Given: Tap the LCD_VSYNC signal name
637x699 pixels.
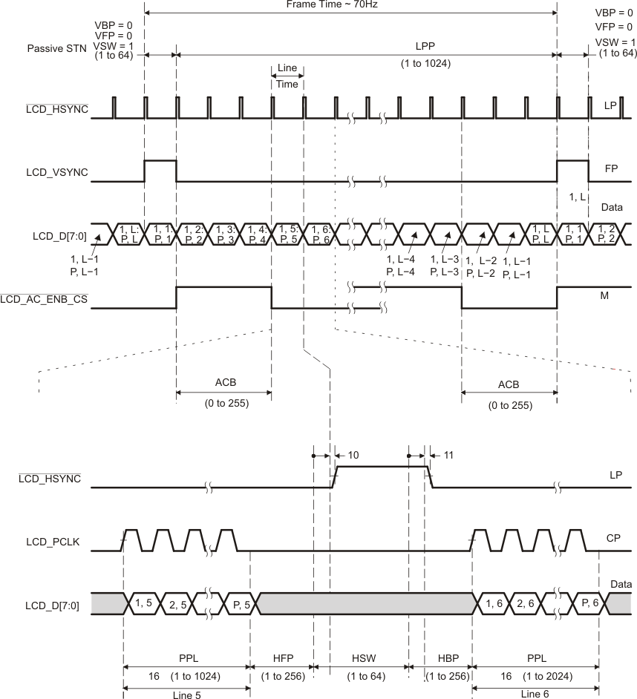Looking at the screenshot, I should point(57,173).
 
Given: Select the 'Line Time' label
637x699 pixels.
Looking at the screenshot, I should point(287,76).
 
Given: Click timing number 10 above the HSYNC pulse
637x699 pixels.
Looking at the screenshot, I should point(353,454).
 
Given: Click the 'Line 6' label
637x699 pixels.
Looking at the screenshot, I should point(535,691).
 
